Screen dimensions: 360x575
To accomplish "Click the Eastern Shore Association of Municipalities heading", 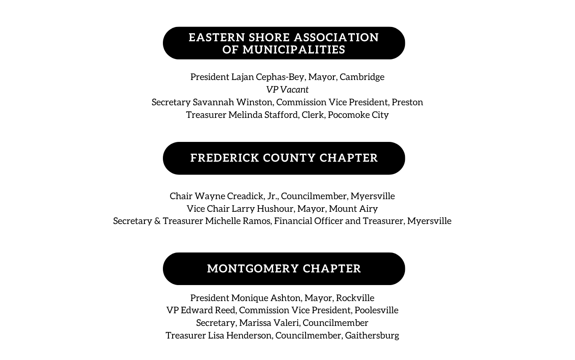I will coord(284,43).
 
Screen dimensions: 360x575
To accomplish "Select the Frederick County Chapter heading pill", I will coord(284,158).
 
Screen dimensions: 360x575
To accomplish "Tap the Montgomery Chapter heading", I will coord(284,269).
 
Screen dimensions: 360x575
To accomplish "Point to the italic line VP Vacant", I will coord(287,90).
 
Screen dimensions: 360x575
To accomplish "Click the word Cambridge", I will coord(362,77).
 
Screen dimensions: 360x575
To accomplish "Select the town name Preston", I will coord(407,102).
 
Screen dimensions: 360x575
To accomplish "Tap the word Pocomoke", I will coord(345,115).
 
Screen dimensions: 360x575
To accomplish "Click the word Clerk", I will coord(313,115).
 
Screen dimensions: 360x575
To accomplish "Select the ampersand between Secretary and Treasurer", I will coord(157,221).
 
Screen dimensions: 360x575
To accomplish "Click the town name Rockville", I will coord(355,298).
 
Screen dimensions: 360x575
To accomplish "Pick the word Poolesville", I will coord(376,310).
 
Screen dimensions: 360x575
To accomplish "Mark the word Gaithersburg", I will coord(372,336).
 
